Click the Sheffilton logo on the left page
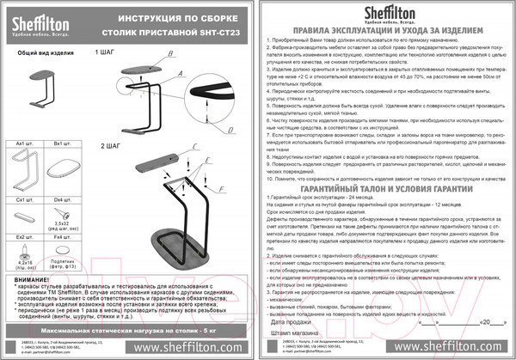pyautogui.click(x=42, y=18)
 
